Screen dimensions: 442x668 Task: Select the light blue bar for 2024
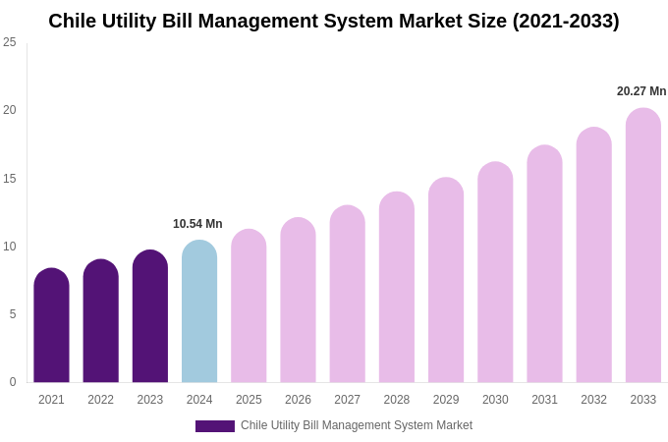click(x=199, y=311)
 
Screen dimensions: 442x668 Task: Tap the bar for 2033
click(x=643, y=246)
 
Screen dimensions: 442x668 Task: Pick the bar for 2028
click(x=397, y=287)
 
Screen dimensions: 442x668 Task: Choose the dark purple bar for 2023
click(x=150, y=316)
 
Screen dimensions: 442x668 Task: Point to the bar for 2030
click(x=495, y=272)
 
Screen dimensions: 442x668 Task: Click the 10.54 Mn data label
click(x=197, y=224)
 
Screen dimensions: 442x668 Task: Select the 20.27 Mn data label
click(x=641, y=91)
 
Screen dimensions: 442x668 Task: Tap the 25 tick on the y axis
click(x=10, y=42)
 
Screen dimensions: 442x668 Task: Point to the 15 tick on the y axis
click(x=10, y=179)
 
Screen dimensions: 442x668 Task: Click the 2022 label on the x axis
click(x=101, y=400)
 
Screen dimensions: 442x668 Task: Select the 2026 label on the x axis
click(x=298, y=400)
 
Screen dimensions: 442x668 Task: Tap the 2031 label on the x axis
click(x=544, y=400)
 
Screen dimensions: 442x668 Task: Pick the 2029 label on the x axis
click(x=446, y=400)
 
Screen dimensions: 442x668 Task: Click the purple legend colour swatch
click(x=215, y=426)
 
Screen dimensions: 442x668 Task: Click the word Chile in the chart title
click(x=73, y=21)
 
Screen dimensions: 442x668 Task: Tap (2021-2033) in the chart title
click(x=565, y=21)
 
